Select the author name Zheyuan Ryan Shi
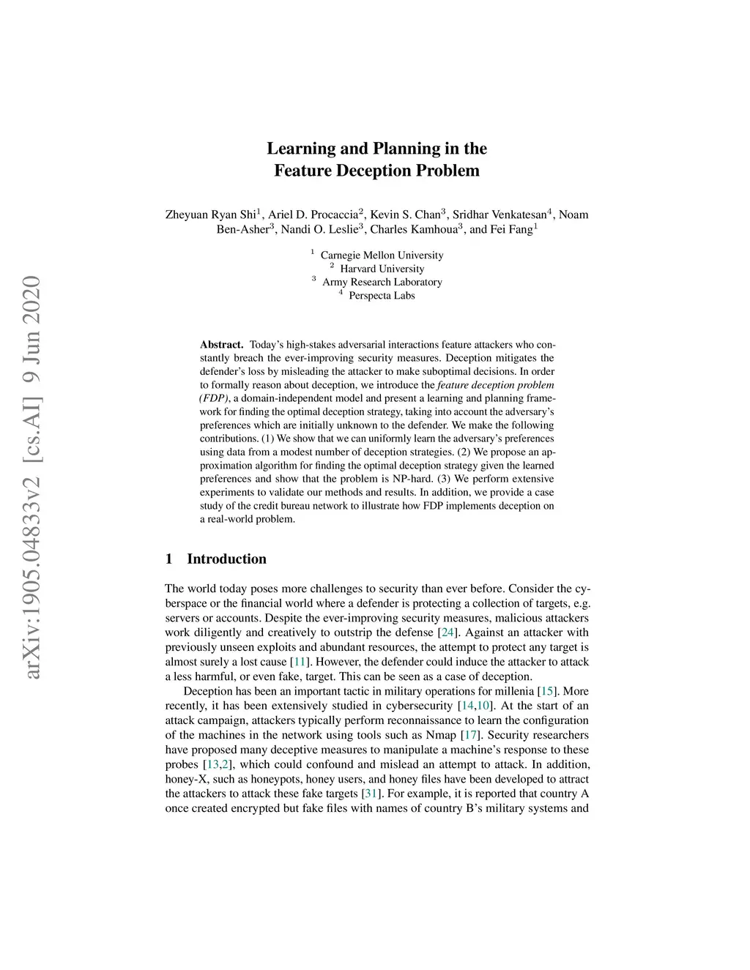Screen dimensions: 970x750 [210, 214]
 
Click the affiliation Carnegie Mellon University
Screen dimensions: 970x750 [382, 255]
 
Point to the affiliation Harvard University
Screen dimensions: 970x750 [382, 269]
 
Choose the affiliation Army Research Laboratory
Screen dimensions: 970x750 [382, 282]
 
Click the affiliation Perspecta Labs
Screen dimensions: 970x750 [382, 296]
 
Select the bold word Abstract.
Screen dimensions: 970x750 [221, 344]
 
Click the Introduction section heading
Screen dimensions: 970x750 [226, 559]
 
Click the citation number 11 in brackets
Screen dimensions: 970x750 [298, 662]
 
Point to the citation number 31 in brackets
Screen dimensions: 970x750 [370, 794]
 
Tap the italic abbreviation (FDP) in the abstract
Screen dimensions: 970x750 [213, 398]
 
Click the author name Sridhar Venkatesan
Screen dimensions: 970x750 [500, 214]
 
